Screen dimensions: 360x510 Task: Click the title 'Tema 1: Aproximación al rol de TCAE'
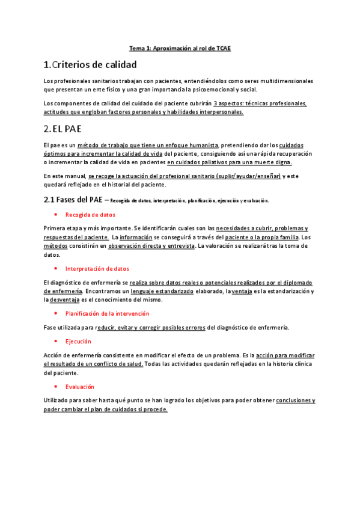(x=180, y=48)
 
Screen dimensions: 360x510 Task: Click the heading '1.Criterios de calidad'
(x=90, y=64)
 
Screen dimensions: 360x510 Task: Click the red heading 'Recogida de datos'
(x=90, y=215)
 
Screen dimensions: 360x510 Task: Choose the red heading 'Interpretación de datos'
(x=97, y=269)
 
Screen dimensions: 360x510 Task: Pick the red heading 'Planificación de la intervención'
(x=108, y=313)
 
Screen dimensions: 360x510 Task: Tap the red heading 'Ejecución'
(x=78, y=341)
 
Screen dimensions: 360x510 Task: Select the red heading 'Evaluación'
(x=80, y=387)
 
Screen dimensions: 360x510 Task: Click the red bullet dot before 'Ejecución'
(x=55, y=341)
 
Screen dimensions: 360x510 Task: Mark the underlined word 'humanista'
(x=202, y=145)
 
